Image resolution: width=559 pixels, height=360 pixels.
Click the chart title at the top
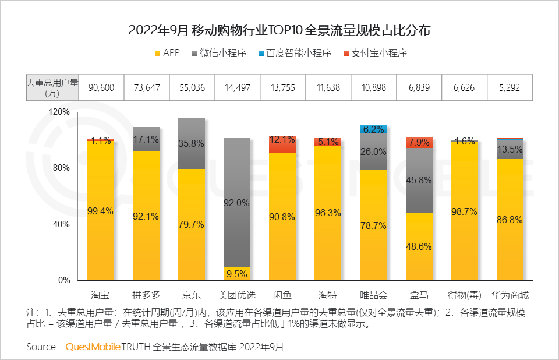coord(279,31)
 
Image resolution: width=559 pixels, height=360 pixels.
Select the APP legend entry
coord(167,53)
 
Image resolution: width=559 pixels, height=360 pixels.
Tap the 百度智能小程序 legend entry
coord(294,53)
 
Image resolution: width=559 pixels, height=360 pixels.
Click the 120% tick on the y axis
coord(59,111)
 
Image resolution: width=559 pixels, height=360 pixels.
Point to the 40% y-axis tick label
coord(62,224)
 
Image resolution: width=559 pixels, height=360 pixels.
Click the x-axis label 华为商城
coord(510,294)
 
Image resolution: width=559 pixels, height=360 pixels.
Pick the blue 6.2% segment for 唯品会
coord(374,129)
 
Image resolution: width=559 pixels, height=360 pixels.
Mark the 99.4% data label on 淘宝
coord(101,211)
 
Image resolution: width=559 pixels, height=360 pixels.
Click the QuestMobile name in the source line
coord(93,347)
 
